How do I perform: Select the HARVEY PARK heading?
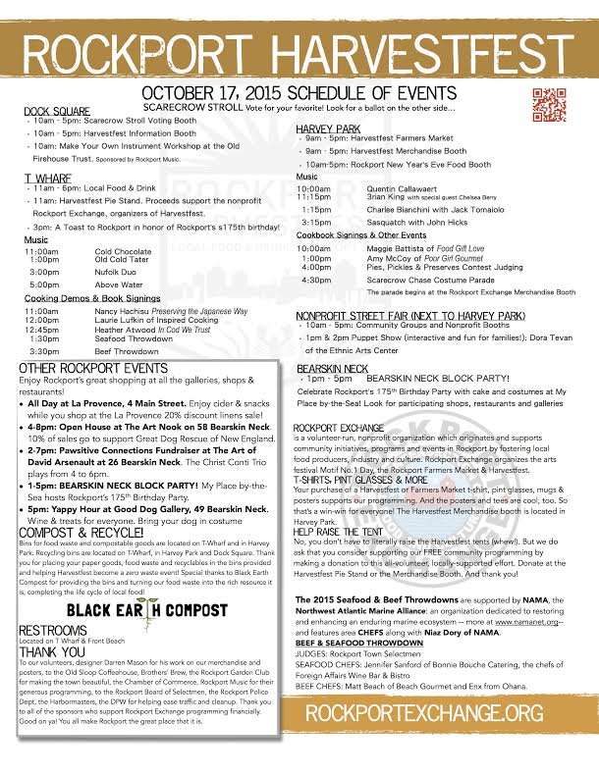click(329, 129)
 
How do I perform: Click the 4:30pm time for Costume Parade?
click(316, 280)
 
